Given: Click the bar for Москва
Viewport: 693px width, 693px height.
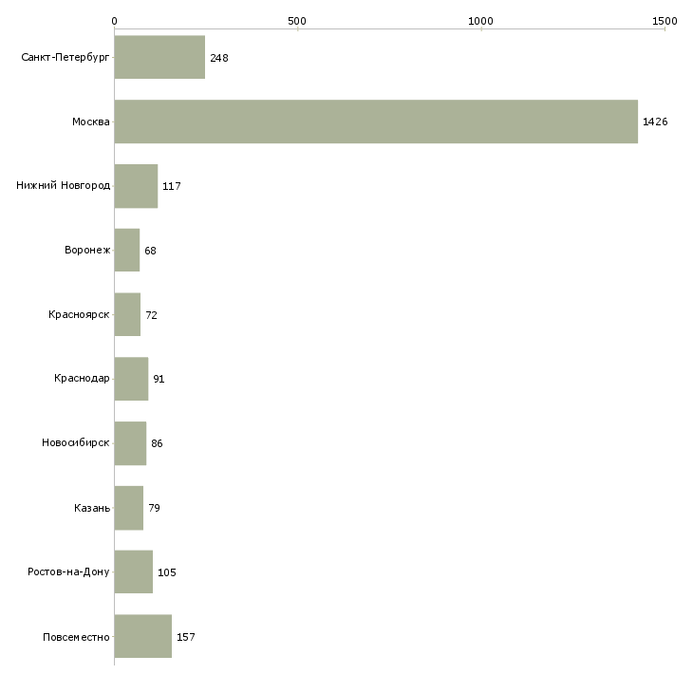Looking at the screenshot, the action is coord(376,122).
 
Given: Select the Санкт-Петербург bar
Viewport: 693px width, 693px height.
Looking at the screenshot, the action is coord(160,57).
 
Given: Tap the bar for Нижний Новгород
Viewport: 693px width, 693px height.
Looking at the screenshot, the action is coord(136,186).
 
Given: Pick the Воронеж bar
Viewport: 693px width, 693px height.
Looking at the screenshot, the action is coord(127,251).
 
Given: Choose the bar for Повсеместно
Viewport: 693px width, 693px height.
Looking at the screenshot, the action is coord(143,636).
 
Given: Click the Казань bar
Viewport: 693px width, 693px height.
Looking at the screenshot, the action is coord(129,508).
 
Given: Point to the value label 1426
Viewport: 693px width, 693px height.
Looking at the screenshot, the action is coord(655,122).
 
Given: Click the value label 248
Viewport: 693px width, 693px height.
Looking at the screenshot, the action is coord(219,58).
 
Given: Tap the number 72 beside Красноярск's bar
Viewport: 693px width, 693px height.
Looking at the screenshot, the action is coord(151,315).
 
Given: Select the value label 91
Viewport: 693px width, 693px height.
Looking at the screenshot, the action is coord(159,379).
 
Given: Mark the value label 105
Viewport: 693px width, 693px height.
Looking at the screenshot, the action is coord(167,572).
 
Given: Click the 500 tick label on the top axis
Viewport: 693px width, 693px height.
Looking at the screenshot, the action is coord(297,21).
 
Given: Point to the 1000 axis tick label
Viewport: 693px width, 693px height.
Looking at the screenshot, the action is coord(480,21).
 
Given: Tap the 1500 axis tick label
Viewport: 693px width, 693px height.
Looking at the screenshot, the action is coord(665,21).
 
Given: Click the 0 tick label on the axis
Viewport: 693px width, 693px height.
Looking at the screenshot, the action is coord(115,21).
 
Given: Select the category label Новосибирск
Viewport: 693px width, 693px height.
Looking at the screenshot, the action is coord(76,442).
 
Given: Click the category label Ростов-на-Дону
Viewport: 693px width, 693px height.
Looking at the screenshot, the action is coord(68,571).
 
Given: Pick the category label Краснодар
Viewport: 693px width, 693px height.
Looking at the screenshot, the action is coord(82,378).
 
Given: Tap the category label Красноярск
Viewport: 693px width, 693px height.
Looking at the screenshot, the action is coord(79,314).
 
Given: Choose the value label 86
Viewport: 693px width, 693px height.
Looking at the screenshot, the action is coord(157,443).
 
